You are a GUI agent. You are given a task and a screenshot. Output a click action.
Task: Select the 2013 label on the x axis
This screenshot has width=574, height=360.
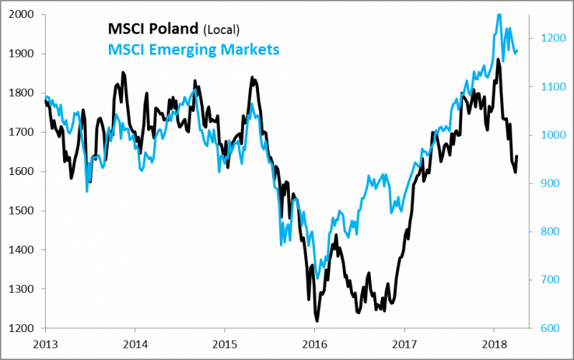pos(45,343)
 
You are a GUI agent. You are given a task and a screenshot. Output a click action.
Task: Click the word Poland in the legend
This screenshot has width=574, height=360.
pos(175,29)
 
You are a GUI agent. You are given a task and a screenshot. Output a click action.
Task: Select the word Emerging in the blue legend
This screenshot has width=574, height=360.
pos(183,49)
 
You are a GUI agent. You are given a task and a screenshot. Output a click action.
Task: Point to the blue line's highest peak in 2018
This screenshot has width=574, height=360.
pos(499,14)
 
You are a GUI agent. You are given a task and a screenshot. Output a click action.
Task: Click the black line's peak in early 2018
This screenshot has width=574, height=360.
pos(498,60)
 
